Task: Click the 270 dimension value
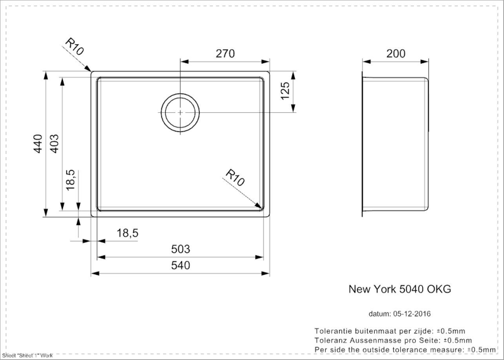pyautogui.click(x=225, y=54)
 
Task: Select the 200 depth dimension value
pyautogui.click(x=396, y=54)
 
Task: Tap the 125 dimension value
pyautogui.click(x=285, y=91)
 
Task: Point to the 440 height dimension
pyautogui.click(x=38, y=144)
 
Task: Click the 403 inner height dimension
pyautogui.click(x=54, y=144)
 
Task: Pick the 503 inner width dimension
pyautogui.click(x=181, y=248)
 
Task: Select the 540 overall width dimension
pyautogui.click(x=181, y=265)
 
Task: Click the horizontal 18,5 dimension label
pyautogui.click(x=127, y=233)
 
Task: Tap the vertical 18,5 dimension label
pyautogui.click(x=71, y=180)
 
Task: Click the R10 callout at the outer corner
pyautogui.click(x=74, y=46)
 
